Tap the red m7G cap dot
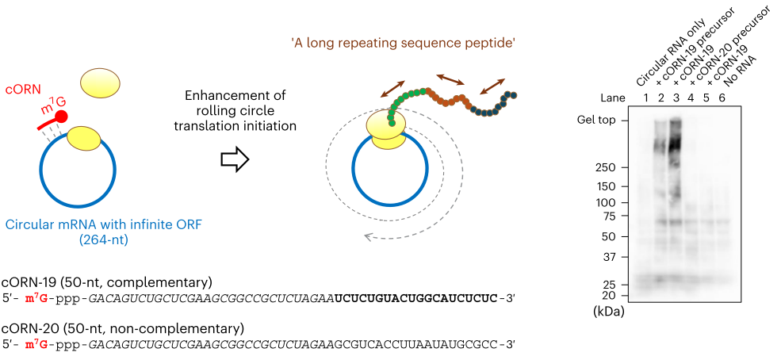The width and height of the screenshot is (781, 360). point(62,117)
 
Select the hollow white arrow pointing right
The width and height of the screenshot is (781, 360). point(234,159)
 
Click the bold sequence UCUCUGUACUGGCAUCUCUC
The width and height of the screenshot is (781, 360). point(416,298)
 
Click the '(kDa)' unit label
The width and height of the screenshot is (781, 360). point(608,312)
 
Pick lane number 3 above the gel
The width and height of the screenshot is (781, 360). point(676,98)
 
